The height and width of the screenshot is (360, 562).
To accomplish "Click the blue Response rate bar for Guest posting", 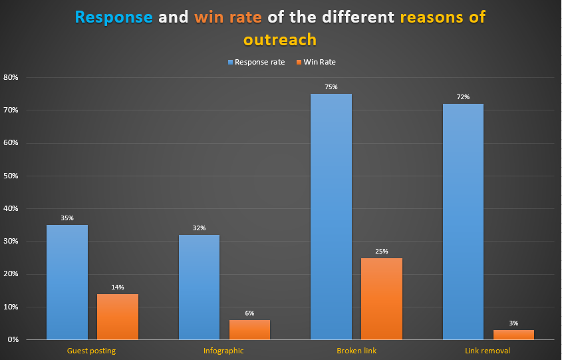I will click(67, 282).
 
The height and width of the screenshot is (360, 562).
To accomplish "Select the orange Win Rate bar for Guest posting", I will click(118, 317).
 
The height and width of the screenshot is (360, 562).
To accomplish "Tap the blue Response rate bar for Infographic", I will click(199, 287).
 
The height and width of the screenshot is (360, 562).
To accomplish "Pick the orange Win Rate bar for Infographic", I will click(249, 329).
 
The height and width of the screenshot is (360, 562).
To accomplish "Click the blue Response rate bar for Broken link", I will click(331, 216).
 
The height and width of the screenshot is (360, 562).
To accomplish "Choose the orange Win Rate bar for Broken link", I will click(382, 299).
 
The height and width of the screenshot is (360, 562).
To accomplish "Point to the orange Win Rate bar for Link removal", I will click(514, 334).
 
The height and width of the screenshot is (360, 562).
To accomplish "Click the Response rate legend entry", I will click(256, 62).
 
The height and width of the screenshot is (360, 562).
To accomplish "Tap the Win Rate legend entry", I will click(319, 62).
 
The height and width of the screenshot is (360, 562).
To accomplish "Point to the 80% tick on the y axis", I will click(11, 77).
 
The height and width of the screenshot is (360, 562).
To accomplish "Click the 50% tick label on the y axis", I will click(11, 176).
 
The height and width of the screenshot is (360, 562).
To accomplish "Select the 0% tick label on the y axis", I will click(13, 340).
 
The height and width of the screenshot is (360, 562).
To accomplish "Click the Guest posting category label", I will click(92, 351).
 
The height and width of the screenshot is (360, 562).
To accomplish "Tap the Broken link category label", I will click(356, 351).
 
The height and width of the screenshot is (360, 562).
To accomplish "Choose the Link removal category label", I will click(489, 351).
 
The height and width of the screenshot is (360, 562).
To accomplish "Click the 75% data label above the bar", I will click(331, 87).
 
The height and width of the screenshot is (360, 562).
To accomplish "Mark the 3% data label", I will click(514, 323).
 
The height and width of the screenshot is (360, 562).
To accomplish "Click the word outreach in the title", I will click(279, 39).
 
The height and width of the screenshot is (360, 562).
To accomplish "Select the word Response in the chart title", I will click(114, 17).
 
